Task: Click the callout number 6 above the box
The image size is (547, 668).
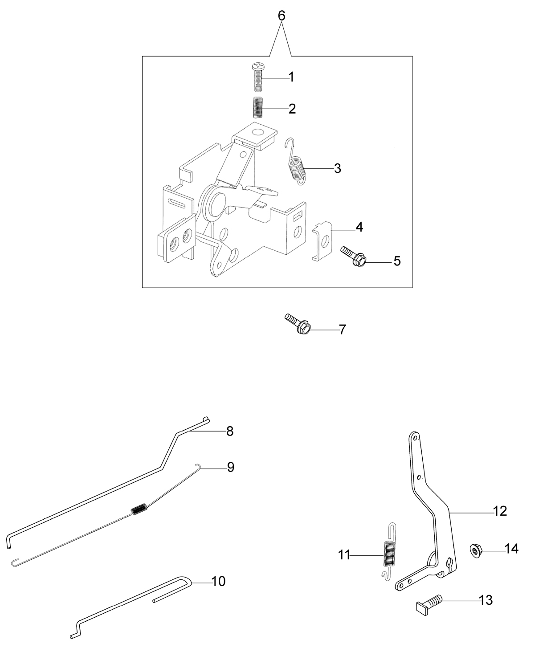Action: coord(282,16)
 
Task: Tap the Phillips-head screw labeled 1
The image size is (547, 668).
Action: coord(257,77)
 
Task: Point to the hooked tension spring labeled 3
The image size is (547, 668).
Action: coord(296,162)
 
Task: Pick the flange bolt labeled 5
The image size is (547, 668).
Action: coord(353,256)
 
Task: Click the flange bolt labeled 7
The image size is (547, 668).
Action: coord(297,323)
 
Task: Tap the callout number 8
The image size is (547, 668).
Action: coord(230,432)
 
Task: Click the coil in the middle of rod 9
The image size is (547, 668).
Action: coord(139,509)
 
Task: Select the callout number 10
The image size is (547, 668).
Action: coord(218,581)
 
